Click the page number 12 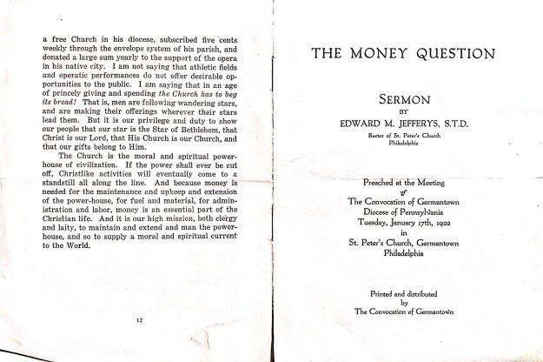coord(140,321)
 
